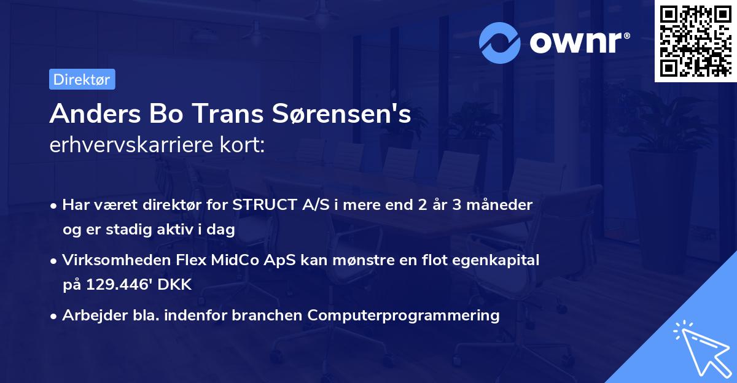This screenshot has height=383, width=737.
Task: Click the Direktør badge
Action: click(82, 79)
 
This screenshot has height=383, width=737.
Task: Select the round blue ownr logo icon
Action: click(500, 42)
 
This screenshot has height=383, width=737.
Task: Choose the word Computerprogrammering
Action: click(404, 315)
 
